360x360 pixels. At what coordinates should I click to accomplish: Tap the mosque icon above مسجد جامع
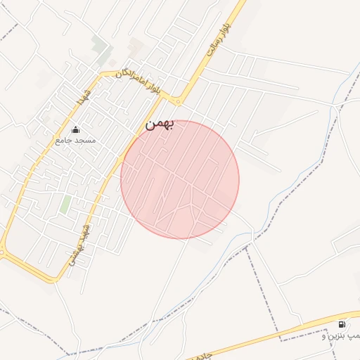75,129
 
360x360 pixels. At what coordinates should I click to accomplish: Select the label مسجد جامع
75,141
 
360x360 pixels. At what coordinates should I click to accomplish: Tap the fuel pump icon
342,324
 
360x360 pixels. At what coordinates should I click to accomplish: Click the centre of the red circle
180,179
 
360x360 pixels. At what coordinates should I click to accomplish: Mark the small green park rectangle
65,205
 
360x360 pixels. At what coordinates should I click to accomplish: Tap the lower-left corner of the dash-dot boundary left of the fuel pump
281,340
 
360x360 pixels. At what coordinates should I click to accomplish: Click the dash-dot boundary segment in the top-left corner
8,32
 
